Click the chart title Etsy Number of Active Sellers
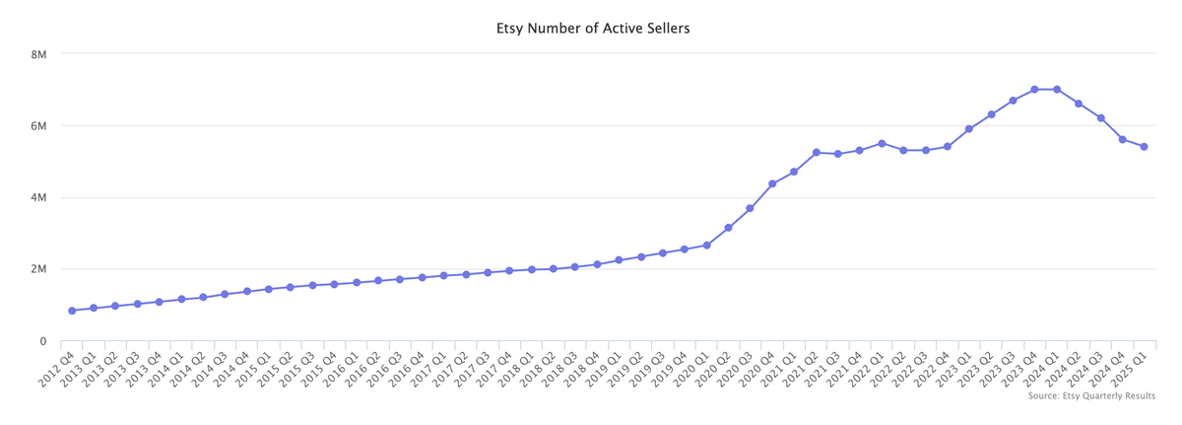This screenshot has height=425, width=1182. pyautogui.click(x=592, y=29)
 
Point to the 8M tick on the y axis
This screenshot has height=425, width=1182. pyautogui.click(x=39, y=54)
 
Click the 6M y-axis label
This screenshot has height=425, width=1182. pyautogui.click(x=39, y=126)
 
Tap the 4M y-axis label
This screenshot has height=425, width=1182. pyautogui.click(x=39, y=198)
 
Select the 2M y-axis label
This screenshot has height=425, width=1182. pyautogui.click(x=39, y=269)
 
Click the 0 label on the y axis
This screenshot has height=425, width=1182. pyautogui.click(x=42, y=341)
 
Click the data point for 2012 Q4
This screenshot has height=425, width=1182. pyautogui.click(x=72, y=311)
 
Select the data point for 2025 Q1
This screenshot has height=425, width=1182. pyautogui.click(x=1144, y=147)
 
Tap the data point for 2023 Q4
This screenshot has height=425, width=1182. pyautogui.click(x=1034, y=90)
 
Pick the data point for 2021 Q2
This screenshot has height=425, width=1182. pyautogui.click(x=817, y=153)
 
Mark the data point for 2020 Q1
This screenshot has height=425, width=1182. pyautogui.click(x=707, y=246)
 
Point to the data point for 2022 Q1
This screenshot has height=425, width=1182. pyautogui.click(x=882, y=144)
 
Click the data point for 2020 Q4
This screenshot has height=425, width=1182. pyautogui.click(x=772, y=184)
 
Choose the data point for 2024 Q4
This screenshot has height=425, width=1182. pyautogui.click(x=1122, y=140)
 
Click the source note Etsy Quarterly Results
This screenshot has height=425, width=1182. pyautogui.click(x=1091, y=395)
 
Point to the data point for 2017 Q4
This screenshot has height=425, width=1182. pyautogui.click(x=509, y=270)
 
